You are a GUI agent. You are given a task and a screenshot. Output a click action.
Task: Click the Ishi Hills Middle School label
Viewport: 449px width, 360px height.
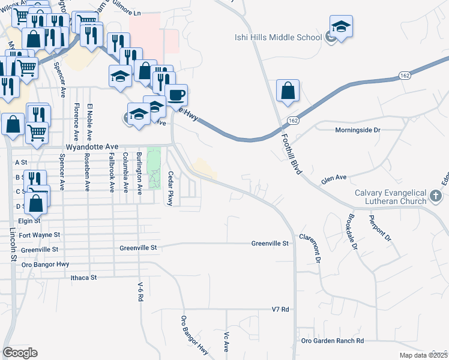pos(278,37)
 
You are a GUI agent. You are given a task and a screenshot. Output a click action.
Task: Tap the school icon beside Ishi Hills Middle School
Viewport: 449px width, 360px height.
pos(341,27)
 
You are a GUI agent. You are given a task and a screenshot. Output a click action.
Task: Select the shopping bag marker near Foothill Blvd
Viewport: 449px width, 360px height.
pos(288,91)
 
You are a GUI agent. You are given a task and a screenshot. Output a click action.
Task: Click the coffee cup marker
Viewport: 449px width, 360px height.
pos(176,95)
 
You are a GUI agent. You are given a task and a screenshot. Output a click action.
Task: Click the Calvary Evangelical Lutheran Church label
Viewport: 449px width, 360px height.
pos(390,199)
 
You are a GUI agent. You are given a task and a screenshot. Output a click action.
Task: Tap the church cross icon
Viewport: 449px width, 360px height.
pos(435,196)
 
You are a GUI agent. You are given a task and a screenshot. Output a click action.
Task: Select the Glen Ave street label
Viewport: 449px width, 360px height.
pos(334,178)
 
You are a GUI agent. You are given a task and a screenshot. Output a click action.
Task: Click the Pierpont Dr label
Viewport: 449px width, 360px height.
pos(380,228)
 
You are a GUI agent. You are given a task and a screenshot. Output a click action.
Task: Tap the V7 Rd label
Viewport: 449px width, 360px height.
pos(280,310)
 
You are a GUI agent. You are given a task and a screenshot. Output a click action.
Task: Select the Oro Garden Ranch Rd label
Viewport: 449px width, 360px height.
pos(333,341)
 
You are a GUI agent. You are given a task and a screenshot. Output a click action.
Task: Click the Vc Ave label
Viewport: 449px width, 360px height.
pos(227,341)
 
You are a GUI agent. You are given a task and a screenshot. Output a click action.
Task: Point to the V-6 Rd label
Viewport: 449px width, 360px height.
pos(140,292)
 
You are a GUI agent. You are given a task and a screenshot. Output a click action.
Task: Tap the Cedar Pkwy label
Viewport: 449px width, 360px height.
pos(170,189)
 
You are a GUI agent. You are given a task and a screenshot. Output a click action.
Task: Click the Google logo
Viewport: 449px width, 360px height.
pos(20,353)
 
